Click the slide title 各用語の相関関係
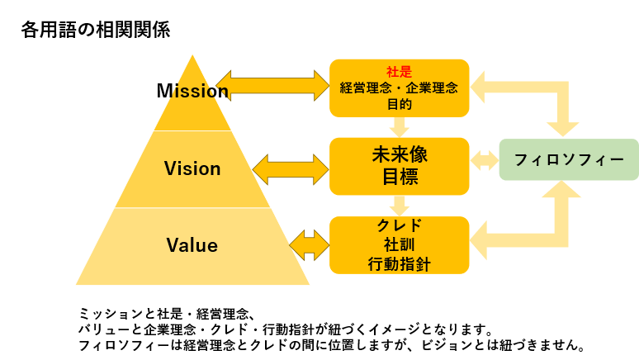[x=96, y=30]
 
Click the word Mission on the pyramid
[x=192, y=91]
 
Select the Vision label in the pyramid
[x=192, y=168]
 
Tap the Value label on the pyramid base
[x=192, y=245]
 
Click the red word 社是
[x=399, y=72]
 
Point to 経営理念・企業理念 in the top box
[x=399, y=88]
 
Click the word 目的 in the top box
[x=399, y=104]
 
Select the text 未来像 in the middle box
[x=400, y=154]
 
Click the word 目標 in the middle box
[x=400, y=177]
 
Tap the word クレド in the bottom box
[x=400, y=225]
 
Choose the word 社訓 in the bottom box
[x=399, y=244]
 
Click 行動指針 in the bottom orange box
[x=399, y=264]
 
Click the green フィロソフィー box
[x=569, y=159]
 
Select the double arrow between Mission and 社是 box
[x=272, y=86]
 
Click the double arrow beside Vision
[x=291, y=169]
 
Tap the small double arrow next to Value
[x=310, y=245]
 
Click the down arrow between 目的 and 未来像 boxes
[x=399, y=127]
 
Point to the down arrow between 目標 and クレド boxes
[x=399, y=206]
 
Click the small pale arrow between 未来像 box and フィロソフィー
[x=484, y=160]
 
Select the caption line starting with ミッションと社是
[x=168, y=314]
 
